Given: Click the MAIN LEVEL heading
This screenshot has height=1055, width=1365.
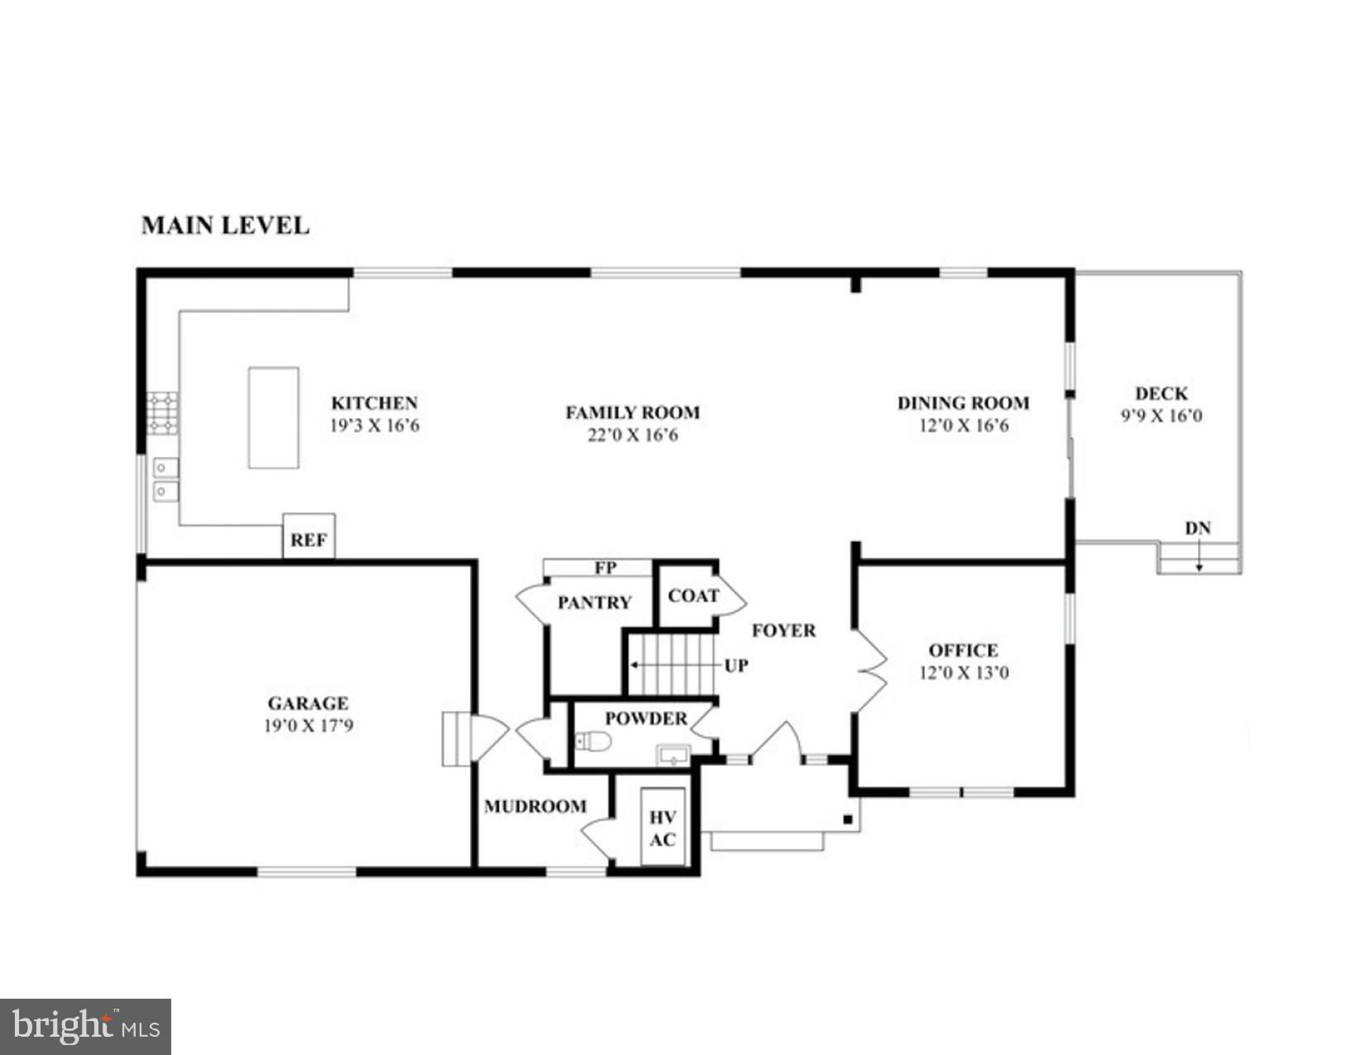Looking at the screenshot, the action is (x=226, y=226).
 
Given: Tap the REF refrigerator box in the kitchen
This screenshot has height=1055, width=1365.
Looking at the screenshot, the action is (x=309, y=536).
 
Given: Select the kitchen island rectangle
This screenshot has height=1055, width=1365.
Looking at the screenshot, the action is (x=273, y=418).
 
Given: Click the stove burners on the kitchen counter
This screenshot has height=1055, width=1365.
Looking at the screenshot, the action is (x=163, y=413).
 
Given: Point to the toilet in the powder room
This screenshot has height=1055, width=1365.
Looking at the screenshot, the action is (x=594, y=741).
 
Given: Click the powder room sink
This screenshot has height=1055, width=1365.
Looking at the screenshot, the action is (x=673, y=755).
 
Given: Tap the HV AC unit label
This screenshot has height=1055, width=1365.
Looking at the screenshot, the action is (x=663, y=828).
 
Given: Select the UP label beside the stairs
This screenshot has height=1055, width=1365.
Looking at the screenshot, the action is (x=736, y=665).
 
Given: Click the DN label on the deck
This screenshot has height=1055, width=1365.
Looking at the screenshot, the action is (x=1198, y=529).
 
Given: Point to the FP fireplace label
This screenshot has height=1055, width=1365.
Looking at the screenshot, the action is (x=606, y=568).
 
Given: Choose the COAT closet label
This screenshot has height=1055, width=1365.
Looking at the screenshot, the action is (x=693, y=596).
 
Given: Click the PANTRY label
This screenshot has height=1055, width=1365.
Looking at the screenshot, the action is (x=594, y=602).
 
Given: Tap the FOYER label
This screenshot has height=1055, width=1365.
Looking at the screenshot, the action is (x=784, y=631).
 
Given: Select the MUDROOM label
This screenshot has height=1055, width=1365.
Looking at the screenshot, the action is (x=535, y=806).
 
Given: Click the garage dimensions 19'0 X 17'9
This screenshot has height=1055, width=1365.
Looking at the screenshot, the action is (x=309, y=726).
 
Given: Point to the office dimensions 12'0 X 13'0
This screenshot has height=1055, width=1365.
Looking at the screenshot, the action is (x=964, y=673).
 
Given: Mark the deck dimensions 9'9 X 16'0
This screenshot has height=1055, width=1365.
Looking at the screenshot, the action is (x=1161, y=416).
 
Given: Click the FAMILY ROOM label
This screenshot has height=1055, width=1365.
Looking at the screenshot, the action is (x=633, y=413).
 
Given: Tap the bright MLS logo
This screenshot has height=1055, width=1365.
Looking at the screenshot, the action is (x=85, y=1027).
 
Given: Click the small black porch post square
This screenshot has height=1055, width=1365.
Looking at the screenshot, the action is (x=847, y=819).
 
